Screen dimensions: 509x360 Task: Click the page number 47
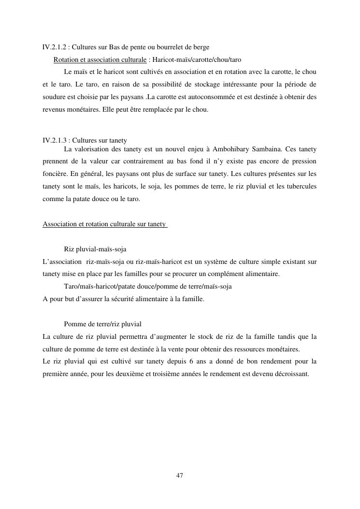pos(180,476)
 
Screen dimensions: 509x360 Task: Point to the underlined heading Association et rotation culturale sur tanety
pos(105,224)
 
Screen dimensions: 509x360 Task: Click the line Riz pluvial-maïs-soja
pos(95,249)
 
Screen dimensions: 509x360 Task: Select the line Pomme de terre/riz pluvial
pos(102,324)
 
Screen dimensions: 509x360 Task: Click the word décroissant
pos(289,374)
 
